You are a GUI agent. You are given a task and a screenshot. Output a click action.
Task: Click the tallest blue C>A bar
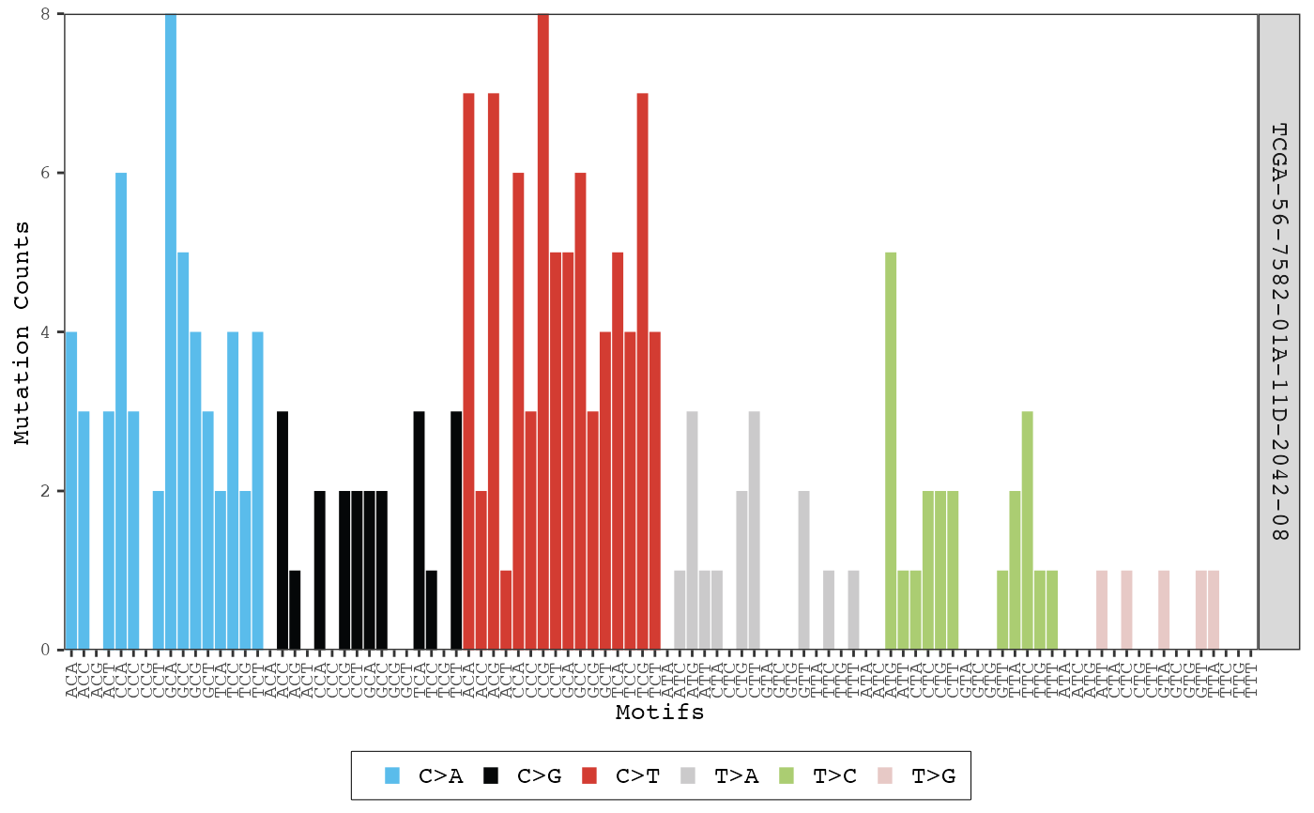point(171,329)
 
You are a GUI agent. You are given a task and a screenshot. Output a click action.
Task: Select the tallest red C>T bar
point(543,329)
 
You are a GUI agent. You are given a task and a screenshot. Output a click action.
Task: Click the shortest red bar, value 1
point(506,609)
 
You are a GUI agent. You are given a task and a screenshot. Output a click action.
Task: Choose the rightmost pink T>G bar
point(1214,609)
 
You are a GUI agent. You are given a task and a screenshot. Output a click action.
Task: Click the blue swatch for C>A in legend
point(393,775)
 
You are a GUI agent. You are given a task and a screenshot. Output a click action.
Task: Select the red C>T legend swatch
point(589,775)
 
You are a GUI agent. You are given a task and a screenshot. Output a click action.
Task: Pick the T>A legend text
point(736,775)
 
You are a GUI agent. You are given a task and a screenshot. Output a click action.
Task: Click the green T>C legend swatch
point(787,775)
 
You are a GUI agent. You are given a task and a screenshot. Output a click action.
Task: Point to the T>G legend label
point(933,775)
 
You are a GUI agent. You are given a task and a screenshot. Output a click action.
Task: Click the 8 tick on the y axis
point(46,15)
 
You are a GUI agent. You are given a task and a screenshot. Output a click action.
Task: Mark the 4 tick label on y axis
point(46,332)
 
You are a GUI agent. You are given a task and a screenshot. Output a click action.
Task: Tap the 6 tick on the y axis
point(46,174)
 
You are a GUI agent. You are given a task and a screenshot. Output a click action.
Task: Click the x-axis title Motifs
point(660,713)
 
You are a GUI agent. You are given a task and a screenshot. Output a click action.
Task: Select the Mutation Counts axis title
point(23,332)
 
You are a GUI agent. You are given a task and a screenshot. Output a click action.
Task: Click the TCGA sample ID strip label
point(1278,332)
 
